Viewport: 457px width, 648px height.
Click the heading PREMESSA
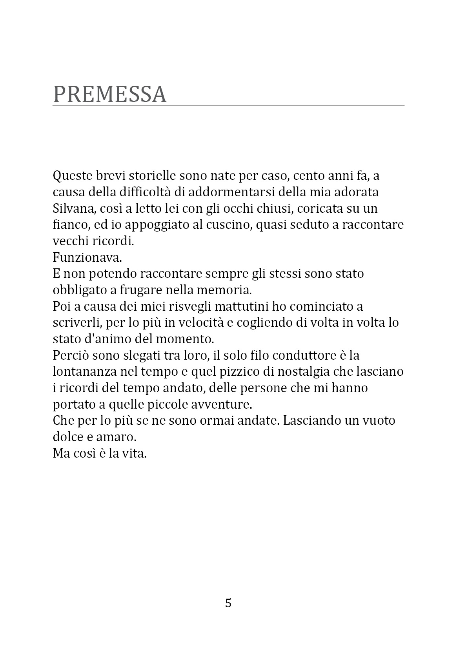pos(109,94)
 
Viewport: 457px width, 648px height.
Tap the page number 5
pos(228,603)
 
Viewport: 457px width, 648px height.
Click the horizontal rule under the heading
pos(228,105)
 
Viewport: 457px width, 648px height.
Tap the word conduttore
pos(304,355)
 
